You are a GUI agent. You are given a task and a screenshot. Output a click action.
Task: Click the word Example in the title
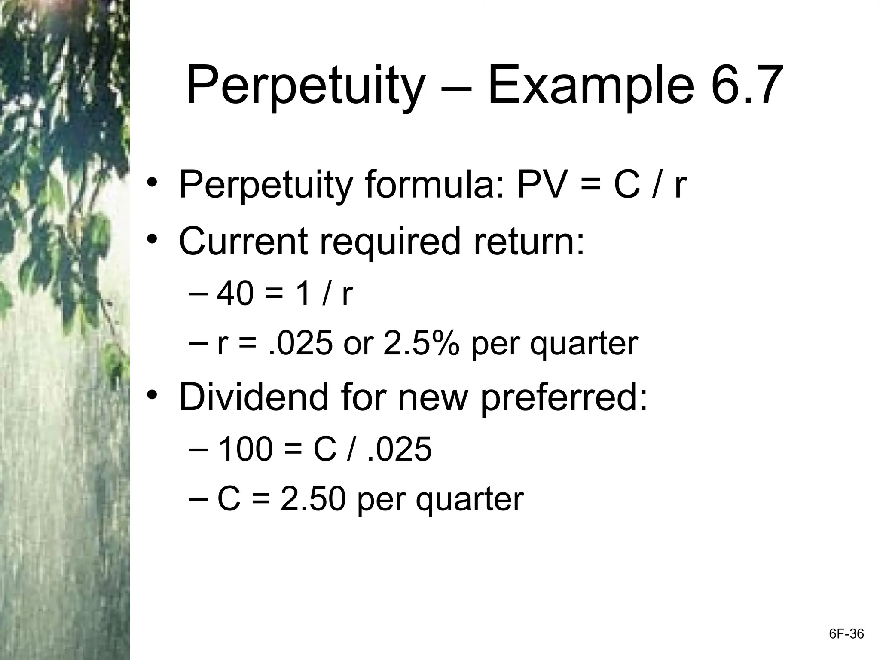click(x=590, y=86)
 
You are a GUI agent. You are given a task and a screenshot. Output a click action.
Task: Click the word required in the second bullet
click(x=390, y=241)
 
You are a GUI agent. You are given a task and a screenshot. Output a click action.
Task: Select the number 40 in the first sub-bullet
click(x=235, y=294)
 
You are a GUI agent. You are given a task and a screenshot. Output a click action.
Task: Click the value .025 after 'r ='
click(x=300, y=344)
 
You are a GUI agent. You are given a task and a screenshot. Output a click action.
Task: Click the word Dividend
click(x=253, y=397)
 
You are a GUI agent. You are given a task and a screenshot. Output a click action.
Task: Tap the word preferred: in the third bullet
click(x=563, y=398)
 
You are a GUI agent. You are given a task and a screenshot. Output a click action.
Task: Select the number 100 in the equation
click(x=245, y=449)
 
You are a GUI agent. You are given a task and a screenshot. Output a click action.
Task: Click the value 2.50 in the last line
click(x=313, y=499)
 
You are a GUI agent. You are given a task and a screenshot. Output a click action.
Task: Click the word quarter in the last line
click(x=470, y=500)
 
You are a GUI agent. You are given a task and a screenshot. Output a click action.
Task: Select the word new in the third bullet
click(x=432, y=398)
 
